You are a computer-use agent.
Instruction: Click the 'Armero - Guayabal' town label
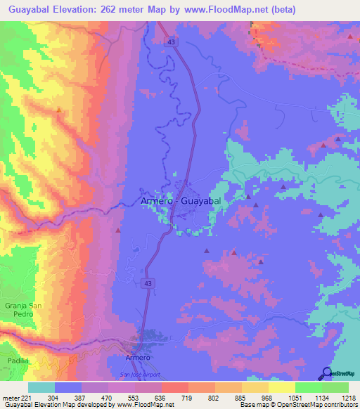181,202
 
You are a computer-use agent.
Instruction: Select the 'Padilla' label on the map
19,360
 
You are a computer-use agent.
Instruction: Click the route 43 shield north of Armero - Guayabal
172,42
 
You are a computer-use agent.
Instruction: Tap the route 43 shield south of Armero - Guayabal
148,283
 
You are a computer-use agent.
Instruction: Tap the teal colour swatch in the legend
41,387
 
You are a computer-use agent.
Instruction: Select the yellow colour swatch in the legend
281,387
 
